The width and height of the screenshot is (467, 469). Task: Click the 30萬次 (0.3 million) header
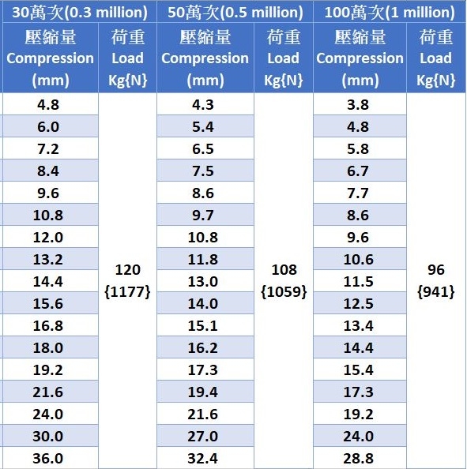tap(80, 13)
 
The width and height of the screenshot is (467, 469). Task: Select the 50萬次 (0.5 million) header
tap(235, 13)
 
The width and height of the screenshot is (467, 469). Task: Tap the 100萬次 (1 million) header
tap(390, 13)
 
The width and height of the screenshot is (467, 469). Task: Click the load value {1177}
tap(127, 291)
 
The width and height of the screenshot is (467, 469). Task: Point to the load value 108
tap(284, 270)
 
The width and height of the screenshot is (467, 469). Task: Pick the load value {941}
tap(436, 291)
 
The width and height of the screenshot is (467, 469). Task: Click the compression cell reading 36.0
tap(48, 459)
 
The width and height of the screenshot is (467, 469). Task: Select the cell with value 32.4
tap(202, 459)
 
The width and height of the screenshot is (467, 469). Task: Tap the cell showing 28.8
tap(358, 459)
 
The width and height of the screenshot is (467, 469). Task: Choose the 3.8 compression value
tap(358, 105)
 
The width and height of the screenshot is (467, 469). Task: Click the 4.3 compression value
tap(202, 105)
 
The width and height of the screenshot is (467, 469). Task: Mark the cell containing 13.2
tap(48, 259)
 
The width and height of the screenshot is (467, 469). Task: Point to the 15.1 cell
tap(202, 326)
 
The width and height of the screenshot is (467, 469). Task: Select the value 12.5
tap(358, 304)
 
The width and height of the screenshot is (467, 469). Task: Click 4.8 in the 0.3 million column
tap(48, 105)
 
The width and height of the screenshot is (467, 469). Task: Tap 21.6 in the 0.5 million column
tap(202, 415)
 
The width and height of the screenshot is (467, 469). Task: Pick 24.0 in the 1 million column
tap(358, 437)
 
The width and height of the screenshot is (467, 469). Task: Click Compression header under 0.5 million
tap(205, 58)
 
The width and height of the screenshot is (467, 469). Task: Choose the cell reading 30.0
tap(48, 437)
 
